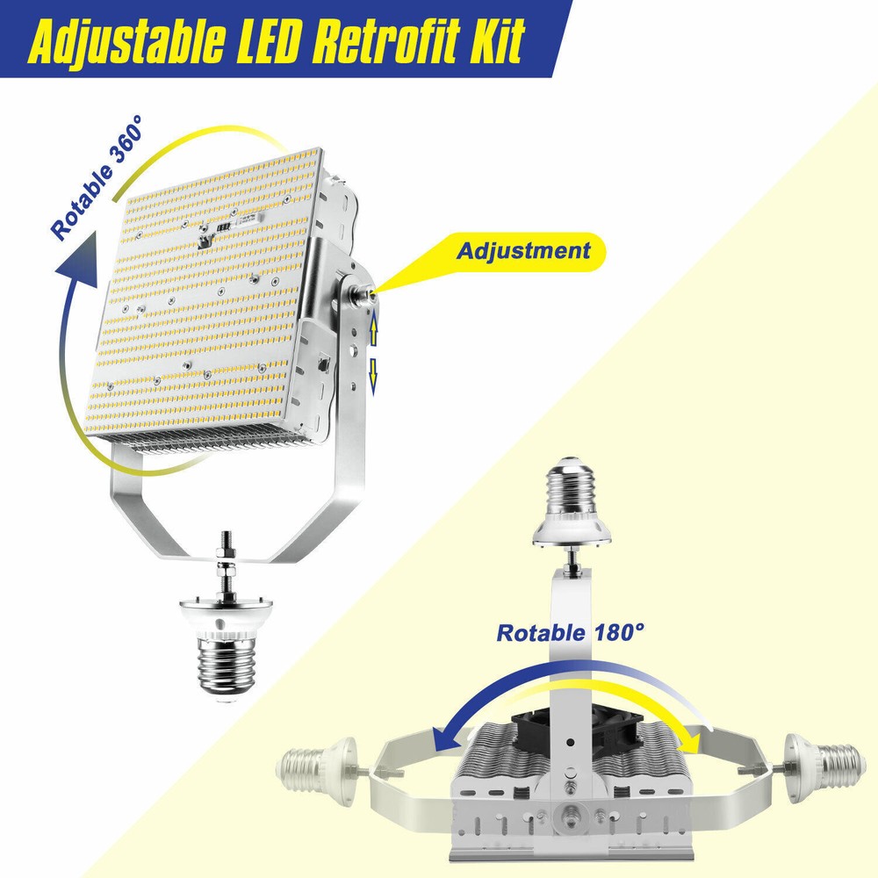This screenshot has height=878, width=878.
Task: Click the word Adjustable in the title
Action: pyautogui.click(x=126, y=41)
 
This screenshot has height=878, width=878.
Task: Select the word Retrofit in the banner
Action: pyautogui.click(x=386, y=41)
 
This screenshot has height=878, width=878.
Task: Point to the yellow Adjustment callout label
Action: pyautogui.click(x=523, y=250)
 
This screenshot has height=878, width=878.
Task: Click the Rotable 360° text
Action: pyautogui.click(x=97, y=177)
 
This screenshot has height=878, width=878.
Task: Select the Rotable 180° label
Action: pyautogui.click(x=570, y=633)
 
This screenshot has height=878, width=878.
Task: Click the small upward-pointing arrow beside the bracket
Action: pyautogui.click(x=373, y=329)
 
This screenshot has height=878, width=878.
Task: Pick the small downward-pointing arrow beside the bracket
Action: pyautogui.click(x=373, y=378)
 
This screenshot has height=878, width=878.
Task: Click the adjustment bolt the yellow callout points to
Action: pyautogui.click(x=362, y=293)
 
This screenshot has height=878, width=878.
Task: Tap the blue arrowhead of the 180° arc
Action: pyautogui.click(x=448, y=740)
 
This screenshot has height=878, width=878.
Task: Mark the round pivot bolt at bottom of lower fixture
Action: pyautogui.click(x=570, y=818)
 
